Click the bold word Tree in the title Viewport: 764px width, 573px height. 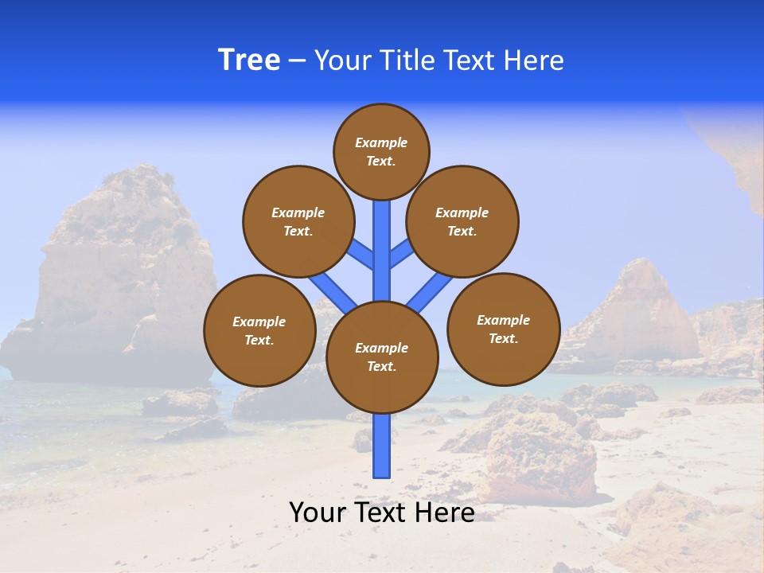pos(249,60)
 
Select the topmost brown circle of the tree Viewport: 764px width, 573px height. pos(381,151)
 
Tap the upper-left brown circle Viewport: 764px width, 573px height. pos(298,222)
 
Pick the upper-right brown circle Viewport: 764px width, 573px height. pos(462,222)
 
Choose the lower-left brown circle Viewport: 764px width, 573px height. pos(259,330)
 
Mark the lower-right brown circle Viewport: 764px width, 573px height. pos(504,329)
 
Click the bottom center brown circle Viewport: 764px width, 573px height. pos(382,357)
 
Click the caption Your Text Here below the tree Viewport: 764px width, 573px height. pos(382,513)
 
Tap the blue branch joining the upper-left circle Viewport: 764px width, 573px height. pos(362,255)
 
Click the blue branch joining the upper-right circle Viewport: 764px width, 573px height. pos(401,254)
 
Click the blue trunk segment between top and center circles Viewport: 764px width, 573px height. pos(382,247)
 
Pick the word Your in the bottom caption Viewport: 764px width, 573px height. pos(318,513)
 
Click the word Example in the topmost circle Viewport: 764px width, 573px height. pos(381,142)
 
